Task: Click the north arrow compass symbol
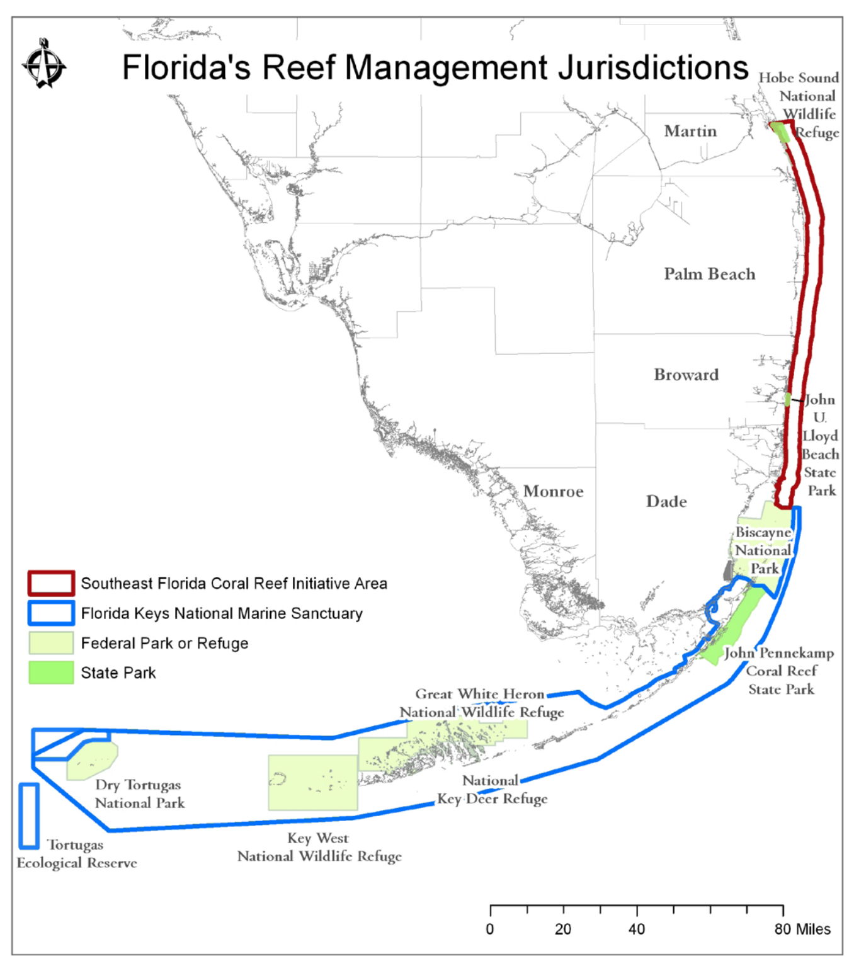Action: [x=43, y=64]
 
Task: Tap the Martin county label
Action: [x=690, y=131]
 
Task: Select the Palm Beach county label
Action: [x=709, y=274]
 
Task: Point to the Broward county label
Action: [x=686, y=375]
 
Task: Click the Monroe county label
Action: [x=553, y=491]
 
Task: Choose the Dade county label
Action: [x=666, y=502]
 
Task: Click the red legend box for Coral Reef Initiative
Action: [x=51, y=583]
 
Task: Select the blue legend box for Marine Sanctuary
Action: [x=51, y=613]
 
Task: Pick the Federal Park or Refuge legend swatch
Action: [x=51, y=643]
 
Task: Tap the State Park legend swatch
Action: [x=51, y=673]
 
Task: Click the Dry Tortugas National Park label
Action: [x=139, y=794]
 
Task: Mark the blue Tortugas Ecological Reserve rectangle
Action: [x=29, y=815]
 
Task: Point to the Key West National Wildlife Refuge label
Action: [x=319, y=847]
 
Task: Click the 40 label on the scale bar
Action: [x=636, y=929]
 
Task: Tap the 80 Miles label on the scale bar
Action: [x=802, y=929]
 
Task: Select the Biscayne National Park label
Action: [x=763, y=550]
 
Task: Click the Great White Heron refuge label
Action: [x=481, y=703]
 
